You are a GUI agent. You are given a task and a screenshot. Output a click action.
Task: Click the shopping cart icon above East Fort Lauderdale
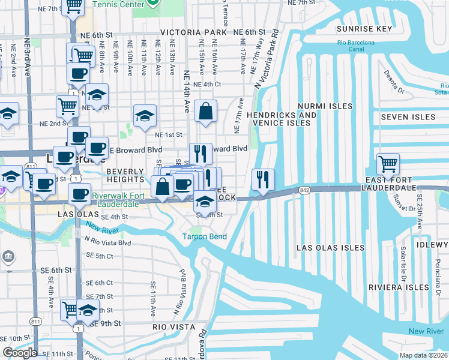point(388,164)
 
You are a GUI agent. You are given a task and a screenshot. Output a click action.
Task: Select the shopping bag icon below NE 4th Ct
point(205,111)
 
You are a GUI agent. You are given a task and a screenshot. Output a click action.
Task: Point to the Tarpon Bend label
point(205,236)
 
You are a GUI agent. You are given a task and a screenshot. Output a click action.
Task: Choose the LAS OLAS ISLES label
point(331,247)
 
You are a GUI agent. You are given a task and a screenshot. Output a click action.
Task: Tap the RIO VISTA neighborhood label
point(174,327)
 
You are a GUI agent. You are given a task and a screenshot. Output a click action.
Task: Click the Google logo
point(20,352)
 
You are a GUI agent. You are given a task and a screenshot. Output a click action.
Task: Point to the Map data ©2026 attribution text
point(424,355)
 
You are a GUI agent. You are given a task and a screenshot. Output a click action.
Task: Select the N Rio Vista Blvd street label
point(108,242)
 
